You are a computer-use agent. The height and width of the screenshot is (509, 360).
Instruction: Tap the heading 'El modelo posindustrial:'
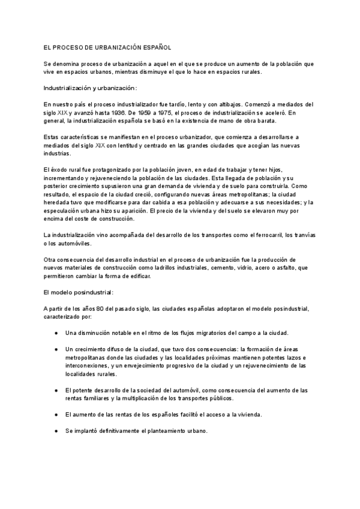click(78, 292)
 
